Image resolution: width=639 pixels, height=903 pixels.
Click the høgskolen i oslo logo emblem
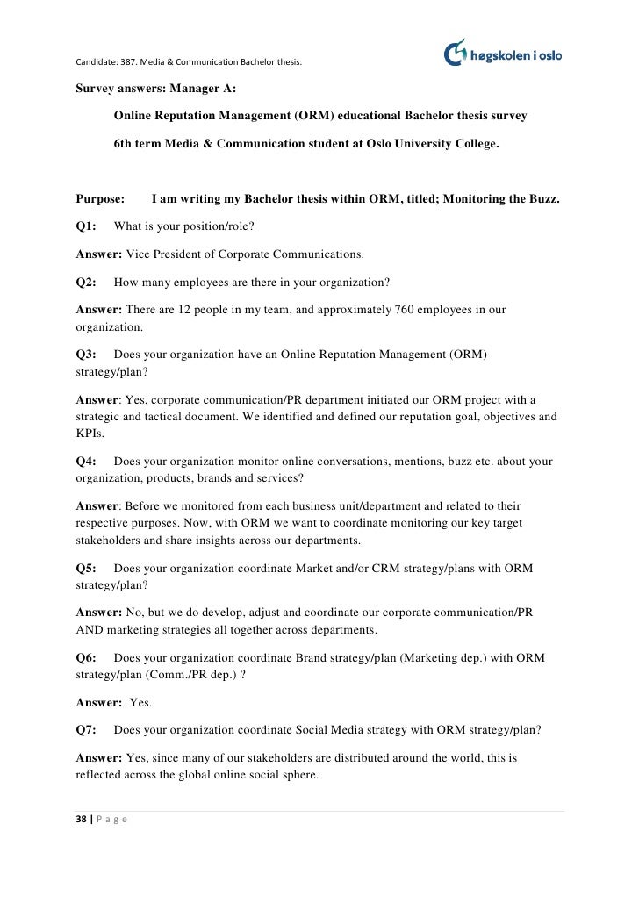click(x=457, y=53)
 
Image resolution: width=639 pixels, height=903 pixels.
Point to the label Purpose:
click(x=100, y=199)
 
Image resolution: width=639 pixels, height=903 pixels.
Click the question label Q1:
click(x=86, y=226)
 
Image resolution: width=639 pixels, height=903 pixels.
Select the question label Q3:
click(x=86, y=355)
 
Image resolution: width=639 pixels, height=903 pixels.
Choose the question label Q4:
click(x=86, y=461)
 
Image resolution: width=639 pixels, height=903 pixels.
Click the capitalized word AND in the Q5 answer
click(x=88, y=629)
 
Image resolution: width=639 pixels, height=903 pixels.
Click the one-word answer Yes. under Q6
click(x=140, y=702)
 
